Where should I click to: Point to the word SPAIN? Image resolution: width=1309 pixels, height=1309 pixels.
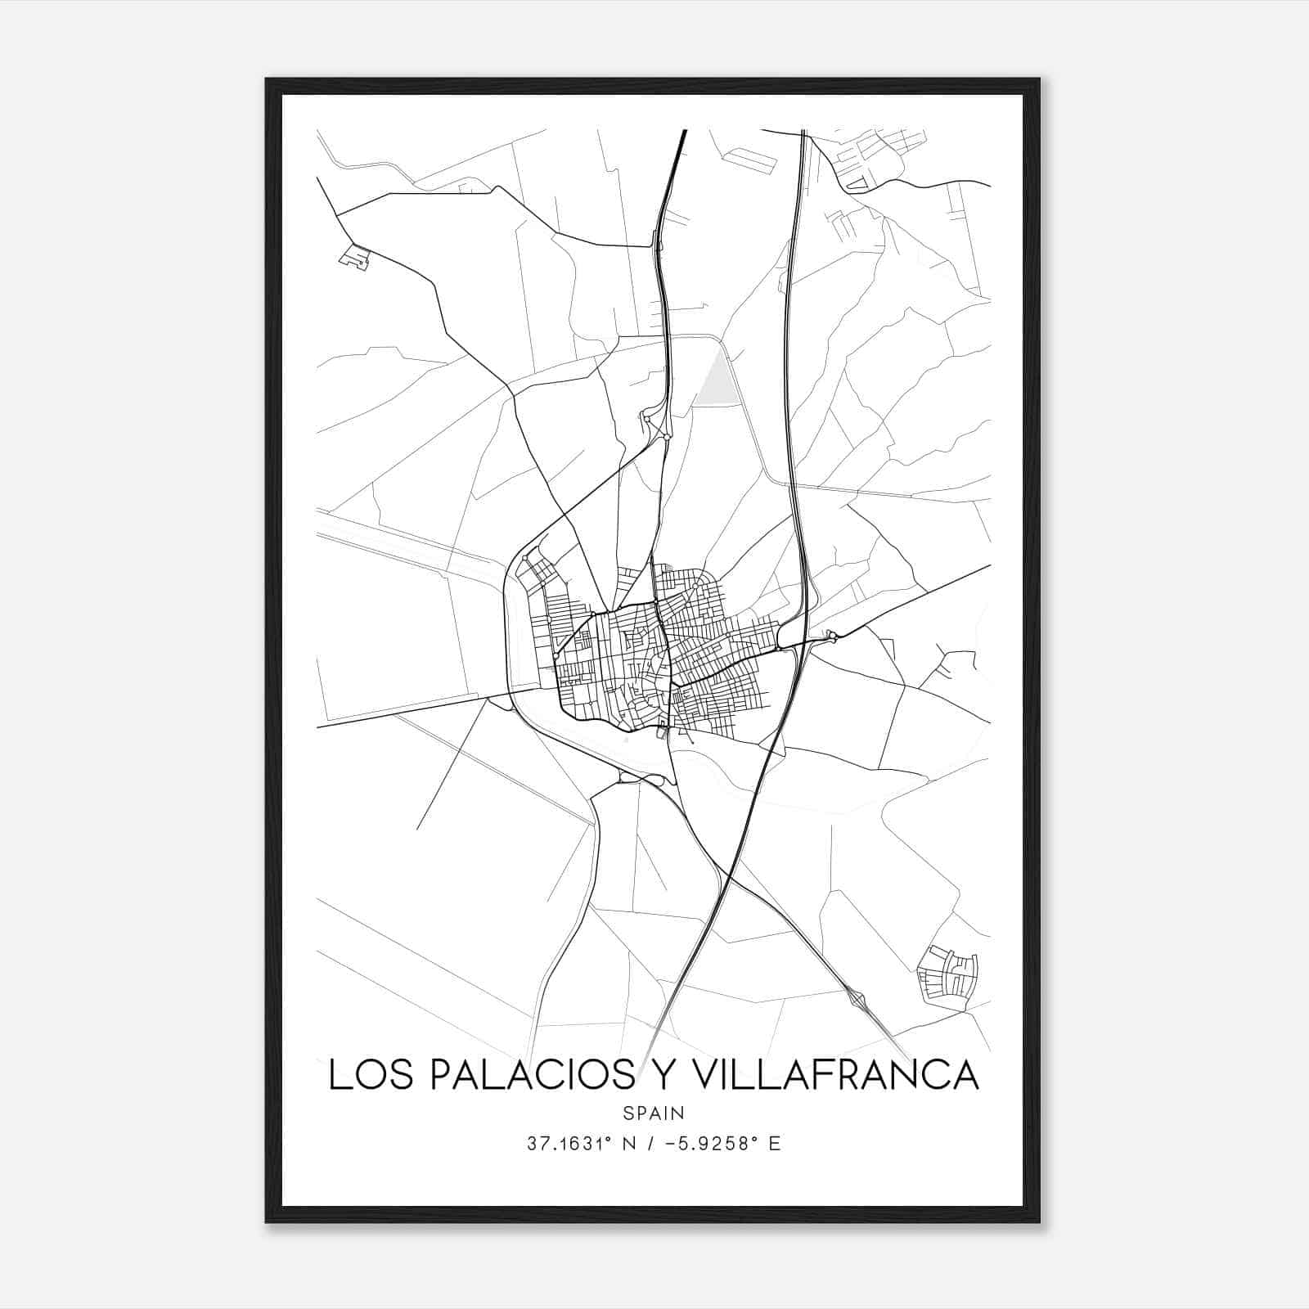click(653, 1113)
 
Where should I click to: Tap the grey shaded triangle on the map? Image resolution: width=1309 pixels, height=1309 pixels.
click(717, 380)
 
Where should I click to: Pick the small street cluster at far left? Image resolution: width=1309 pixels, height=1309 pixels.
click(354, 257)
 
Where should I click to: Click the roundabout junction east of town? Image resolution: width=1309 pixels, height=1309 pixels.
click(832, 635)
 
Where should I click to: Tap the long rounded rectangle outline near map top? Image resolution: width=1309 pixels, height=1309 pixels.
click(750, 161)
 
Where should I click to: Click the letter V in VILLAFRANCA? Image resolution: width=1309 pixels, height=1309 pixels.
click(705, 1075)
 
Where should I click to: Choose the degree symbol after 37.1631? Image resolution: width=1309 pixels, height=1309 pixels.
click(610, 1138)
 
